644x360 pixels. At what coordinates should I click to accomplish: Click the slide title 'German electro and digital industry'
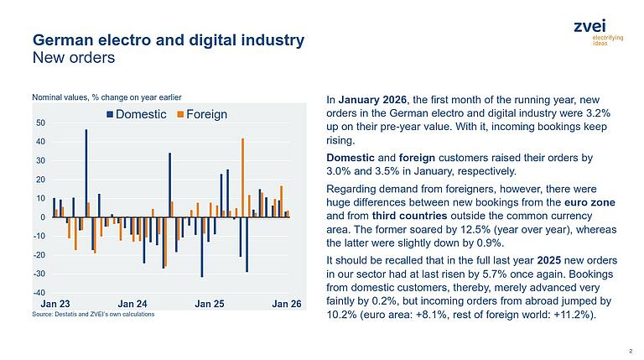click(168, 40)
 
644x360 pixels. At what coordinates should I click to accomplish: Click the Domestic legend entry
click(138, 114)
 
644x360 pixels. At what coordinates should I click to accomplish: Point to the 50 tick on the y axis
click(40, 123)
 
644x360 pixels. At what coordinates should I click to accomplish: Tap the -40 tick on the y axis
click(39, 292)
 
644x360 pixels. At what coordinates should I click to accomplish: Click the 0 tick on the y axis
click(43, 217)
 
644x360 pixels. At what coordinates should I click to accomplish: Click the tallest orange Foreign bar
click(242, 177)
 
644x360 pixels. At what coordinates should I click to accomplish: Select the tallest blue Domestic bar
click(86, 173)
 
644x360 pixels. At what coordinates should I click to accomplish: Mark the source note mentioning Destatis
click(93, 314)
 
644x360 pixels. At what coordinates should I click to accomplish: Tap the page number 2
click(630, 352)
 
